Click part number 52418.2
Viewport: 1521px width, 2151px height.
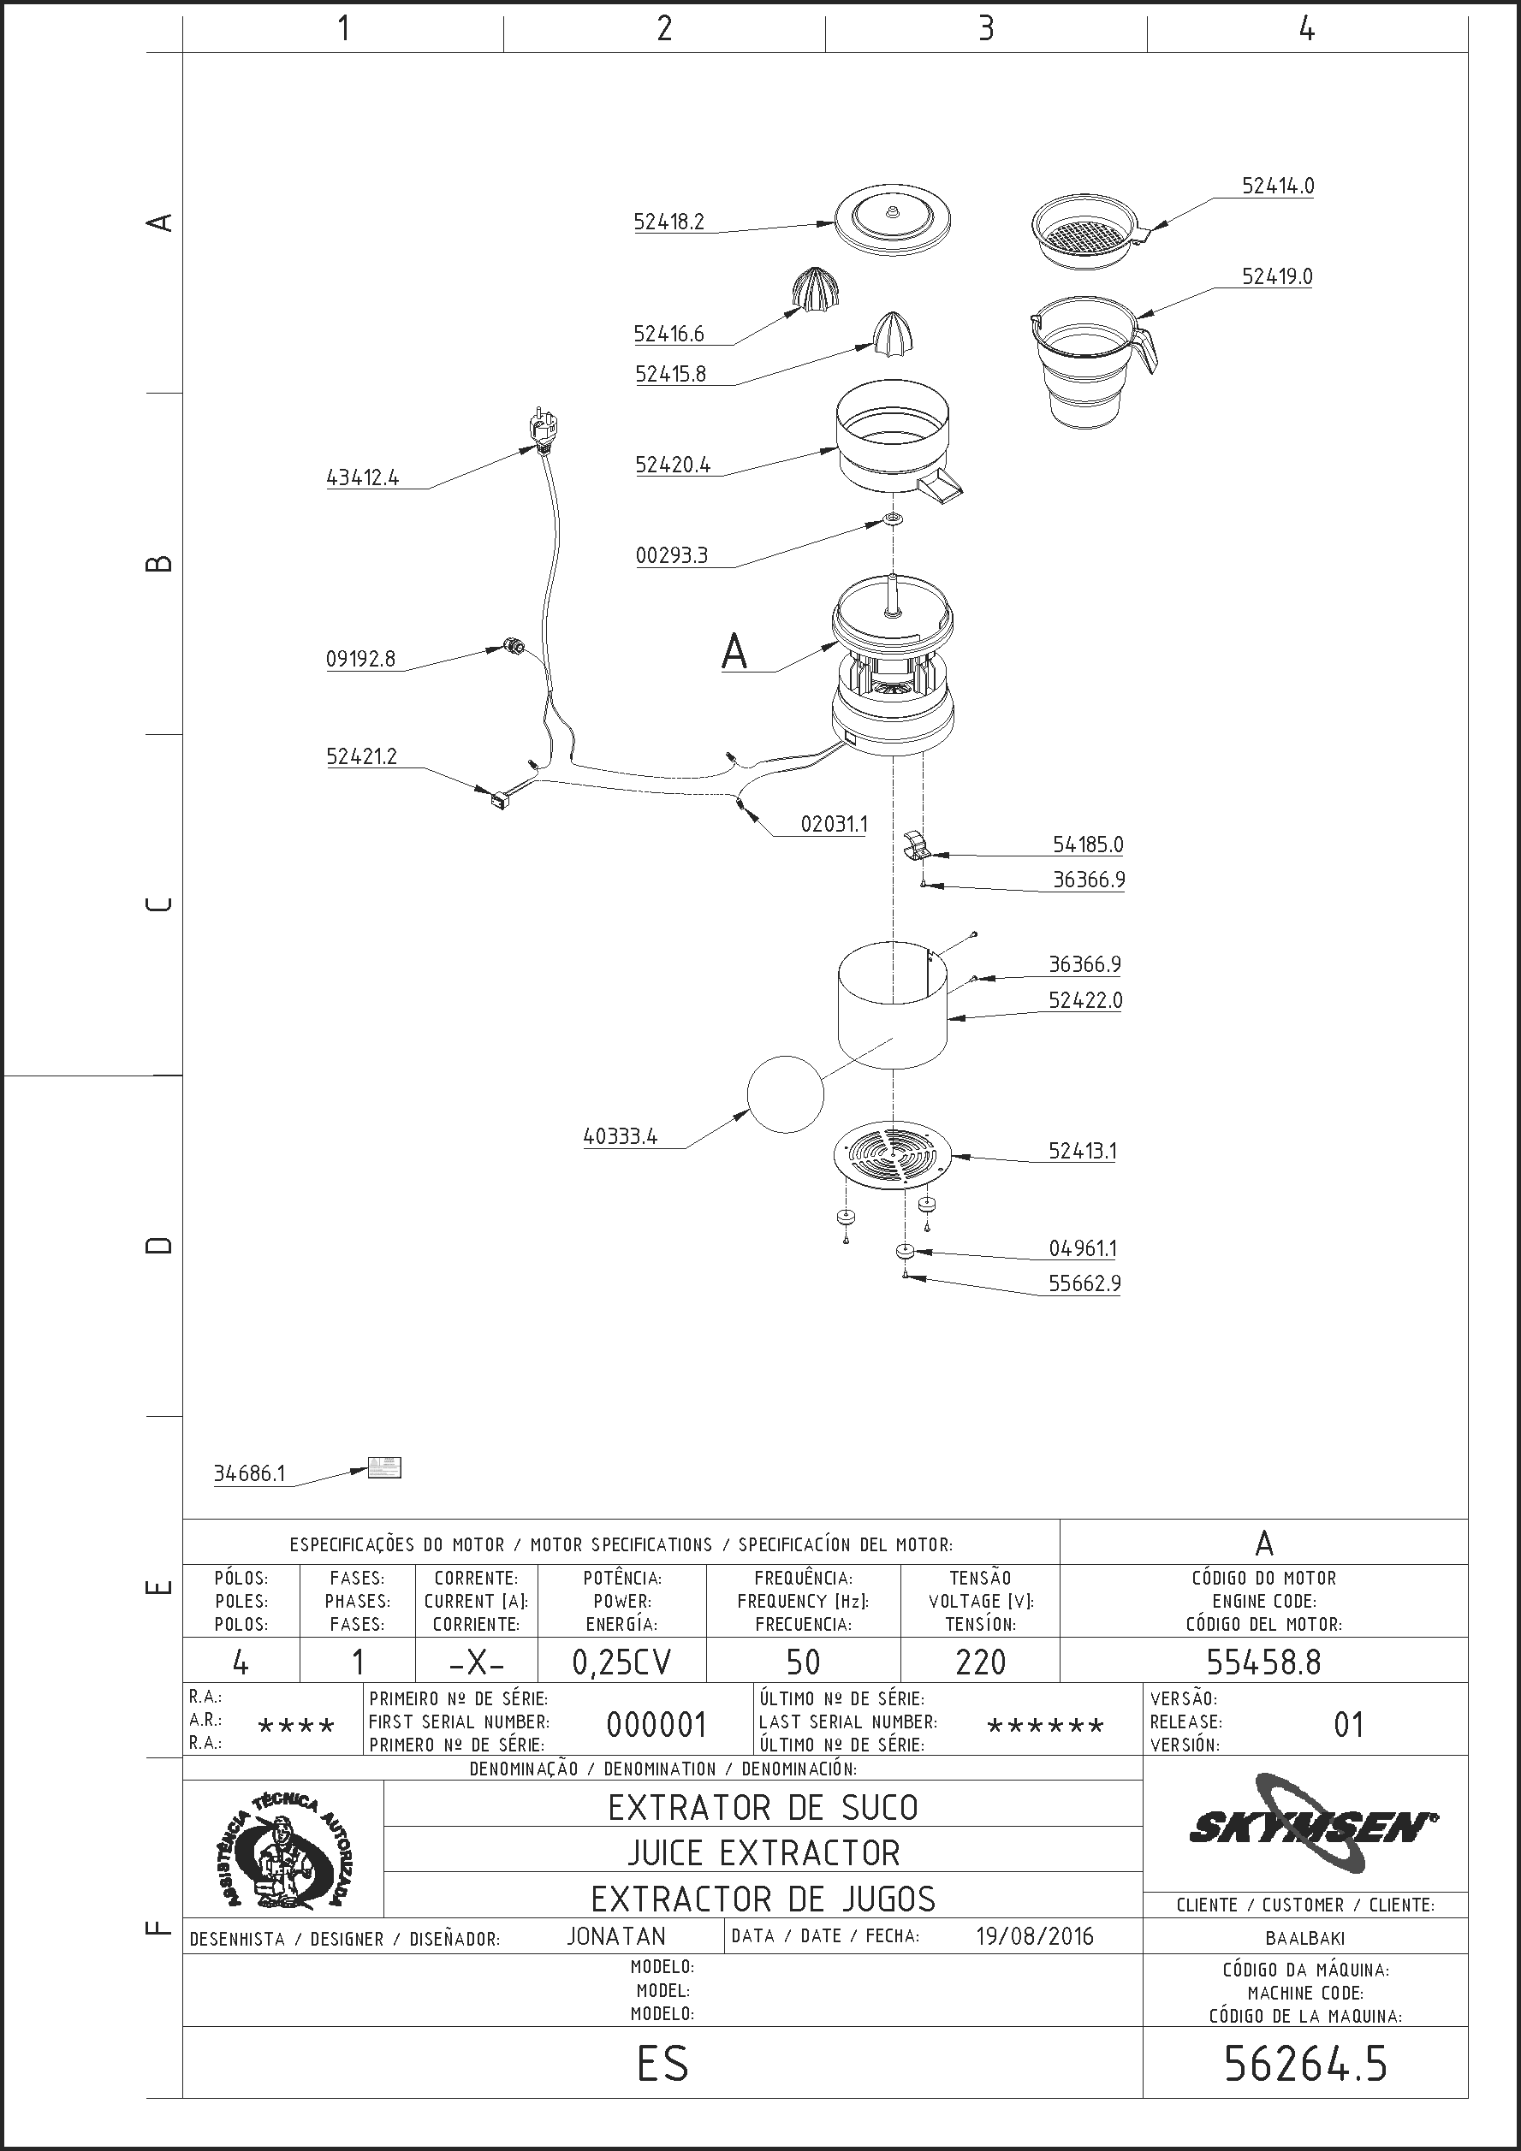[x=668, y=222]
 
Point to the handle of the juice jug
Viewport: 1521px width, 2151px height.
[x=1145, y=348]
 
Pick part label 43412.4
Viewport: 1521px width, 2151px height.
[x=363, y=477]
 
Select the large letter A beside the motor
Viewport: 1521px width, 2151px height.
[x=734, y=651]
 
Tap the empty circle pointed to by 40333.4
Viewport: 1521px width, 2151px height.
[x=786, y=1094]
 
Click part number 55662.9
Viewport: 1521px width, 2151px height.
[x=1084, y=1283]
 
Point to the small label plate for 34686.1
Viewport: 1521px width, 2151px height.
[x=384, y=1467]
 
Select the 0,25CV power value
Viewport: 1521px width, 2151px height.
[x=622, y=1662]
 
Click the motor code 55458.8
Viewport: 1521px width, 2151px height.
[x=1263, y=1662]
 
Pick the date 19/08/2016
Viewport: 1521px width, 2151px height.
[x=1035, y=1936]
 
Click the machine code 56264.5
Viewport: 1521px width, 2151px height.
[x=1305, y=2064]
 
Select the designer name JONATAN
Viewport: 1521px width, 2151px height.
[x=615, y=1936]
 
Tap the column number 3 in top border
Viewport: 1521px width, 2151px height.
[x=986, y=29]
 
